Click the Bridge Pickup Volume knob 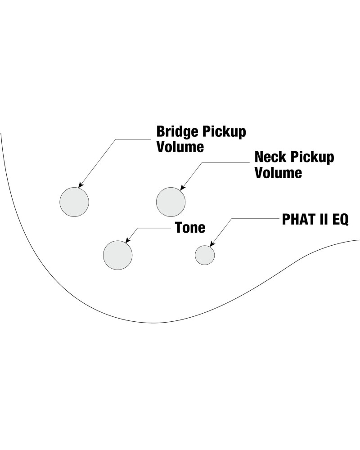(x=74, y=202)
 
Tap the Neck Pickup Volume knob (x=171, y=202)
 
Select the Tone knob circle (x=117, y=255)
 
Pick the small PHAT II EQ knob (x=205, y=255)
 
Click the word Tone (x=190, y=228)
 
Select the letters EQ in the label (x=339, y=220)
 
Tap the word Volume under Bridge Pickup (x=180, y=147)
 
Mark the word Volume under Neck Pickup (x=278, y=173)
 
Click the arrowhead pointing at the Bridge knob (x=81, y=185)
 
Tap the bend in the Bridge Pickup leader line (x=116, y=140)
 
